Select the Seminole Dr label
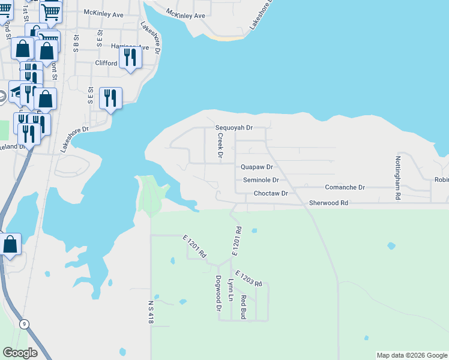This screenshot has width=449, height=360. point(261,180)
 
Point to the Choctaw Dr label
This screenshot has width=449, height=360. point(271,194)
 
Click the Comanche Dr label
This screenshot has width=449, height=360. point(345,188)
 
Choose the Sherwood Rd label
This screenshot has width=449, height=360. point(328,203)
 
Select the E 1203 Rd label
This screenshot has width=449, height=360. point(249,278)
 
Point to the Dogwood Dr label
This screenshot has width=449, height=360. point(218,293)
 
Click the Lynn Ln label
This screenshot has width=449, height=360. point(231,290)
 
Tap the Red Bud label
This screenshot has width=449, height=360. point(243,307)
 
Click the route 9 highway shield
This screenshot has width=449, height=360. point(24,324)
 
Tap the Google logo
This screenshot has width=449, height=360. point(20,353)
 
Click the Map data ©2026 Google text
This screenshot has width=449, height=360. point(412,355)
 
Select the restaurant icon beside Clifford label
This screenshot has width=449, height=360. point(130,58)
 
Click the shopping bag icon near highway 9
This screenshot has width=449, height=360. point(10,245)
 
